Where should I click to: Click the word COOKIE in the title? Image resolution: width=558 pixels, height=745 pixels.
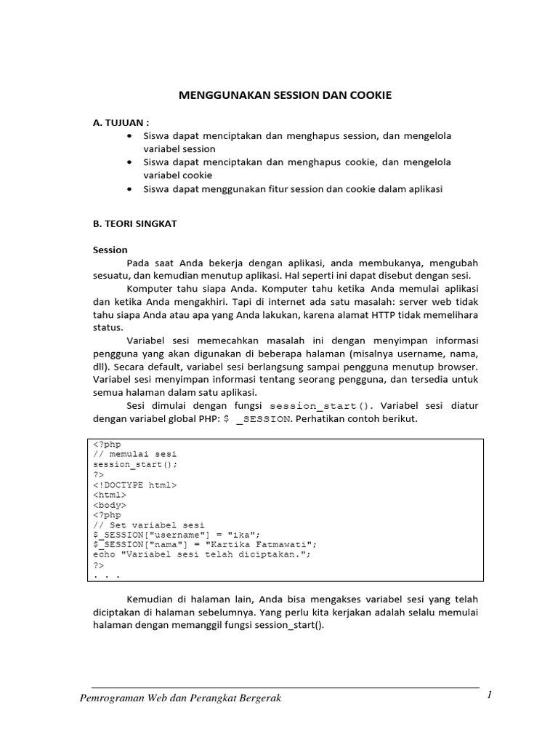tap(365, 95)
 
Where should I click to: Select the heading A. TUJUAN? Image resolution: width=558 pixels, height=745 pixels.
tap(121, 122)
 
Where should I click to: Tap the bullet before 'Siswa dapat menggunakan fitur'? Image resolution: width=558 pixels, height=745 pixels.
tap(129, 189)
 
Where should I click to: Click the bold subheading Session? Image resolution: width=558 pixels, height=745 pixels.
tap(110, 250)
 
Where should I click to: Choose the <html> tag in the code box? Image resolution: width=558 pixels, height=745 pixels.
tap(110, 494)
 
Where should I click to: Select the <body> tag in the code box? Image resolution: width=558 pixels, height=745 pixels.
tap(110, 504)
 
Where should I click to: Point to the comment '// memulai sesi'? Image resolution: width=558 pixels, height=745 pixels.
tap(135, 454)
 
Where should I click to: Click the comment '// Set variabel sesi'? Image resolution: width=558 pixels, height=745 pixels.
tap(149, 525)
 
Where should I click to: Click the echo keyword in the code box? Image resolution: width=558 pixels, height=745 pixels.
tap(105, 554)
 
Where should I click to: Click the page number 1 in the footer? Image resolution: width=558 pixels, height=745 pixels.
tap(490, 695)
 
